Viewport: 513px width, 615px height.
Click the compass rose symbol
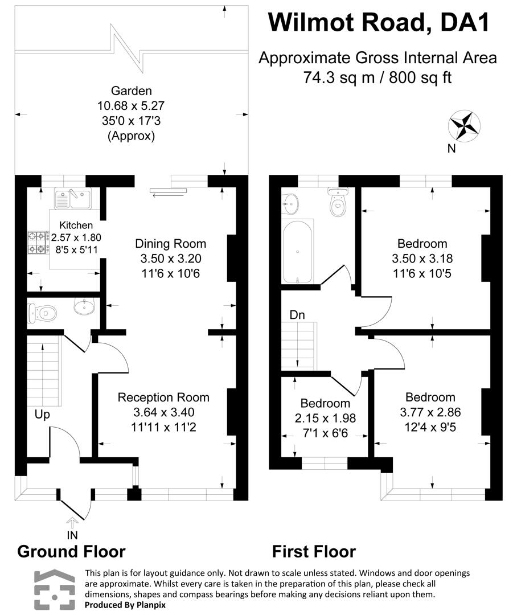(x=464, y=126)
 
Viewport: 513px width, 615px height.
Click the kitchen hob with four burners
(x=38, y=243)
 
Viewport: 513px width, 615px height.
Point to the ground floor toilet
(x=43, y=312)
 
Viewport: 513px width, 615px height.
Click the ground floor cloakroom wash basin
(x=85, y=308)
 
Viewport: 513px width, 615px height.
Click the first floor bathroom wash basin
(x=292, y=202)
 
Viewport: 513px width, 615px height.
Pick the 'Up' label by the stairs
(x=42, y=415)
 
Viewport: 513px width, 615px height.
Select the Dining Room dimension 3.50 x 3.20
(x=170, y=259)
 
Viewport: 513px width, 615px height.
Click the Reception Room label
(x=163, y=397)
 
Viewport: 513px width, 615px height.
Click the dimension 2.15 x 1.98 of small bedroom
(x=325, y=418)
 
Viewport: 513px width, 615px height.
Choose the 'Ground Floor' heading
(x=71, y=551)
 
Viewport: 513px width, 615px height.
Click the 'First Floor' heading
(x=314, y=551)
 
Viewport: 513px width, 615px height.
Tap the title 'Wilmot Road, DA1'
(x=379, y=23)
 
